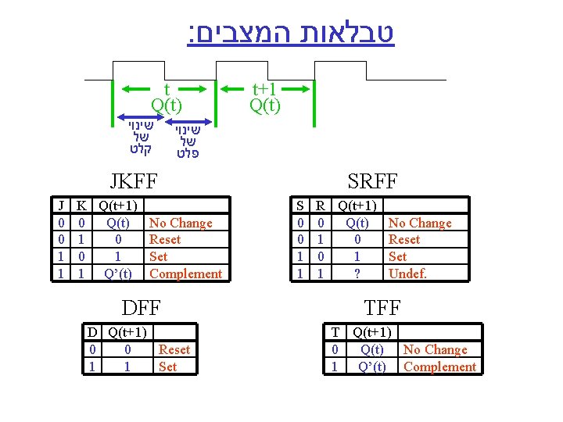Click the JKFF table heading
pos(134,182)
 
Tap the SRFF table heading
pos(372,182)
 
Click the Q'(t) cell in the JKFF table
pos(117,274)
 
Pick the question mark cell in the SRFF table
pos(357,274)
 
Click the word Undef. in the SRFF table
pos(407,274)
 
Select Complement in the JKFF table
pos(185,274)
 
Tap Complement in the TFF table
pos(439,367)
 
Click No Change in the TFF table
pos(435,350)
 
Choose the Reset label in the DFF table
pos(174,350)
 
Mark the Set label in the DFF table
pos(167,367)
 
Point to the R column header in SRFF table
pos(319,206)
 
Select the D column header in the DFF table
pos(93,333)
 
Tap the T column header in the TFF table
pos(335,333)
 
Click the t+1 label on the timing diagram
pos(264,88)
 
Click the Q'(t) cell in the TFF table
pos(372,367)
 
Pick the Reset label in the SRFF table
pos(403,240)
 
